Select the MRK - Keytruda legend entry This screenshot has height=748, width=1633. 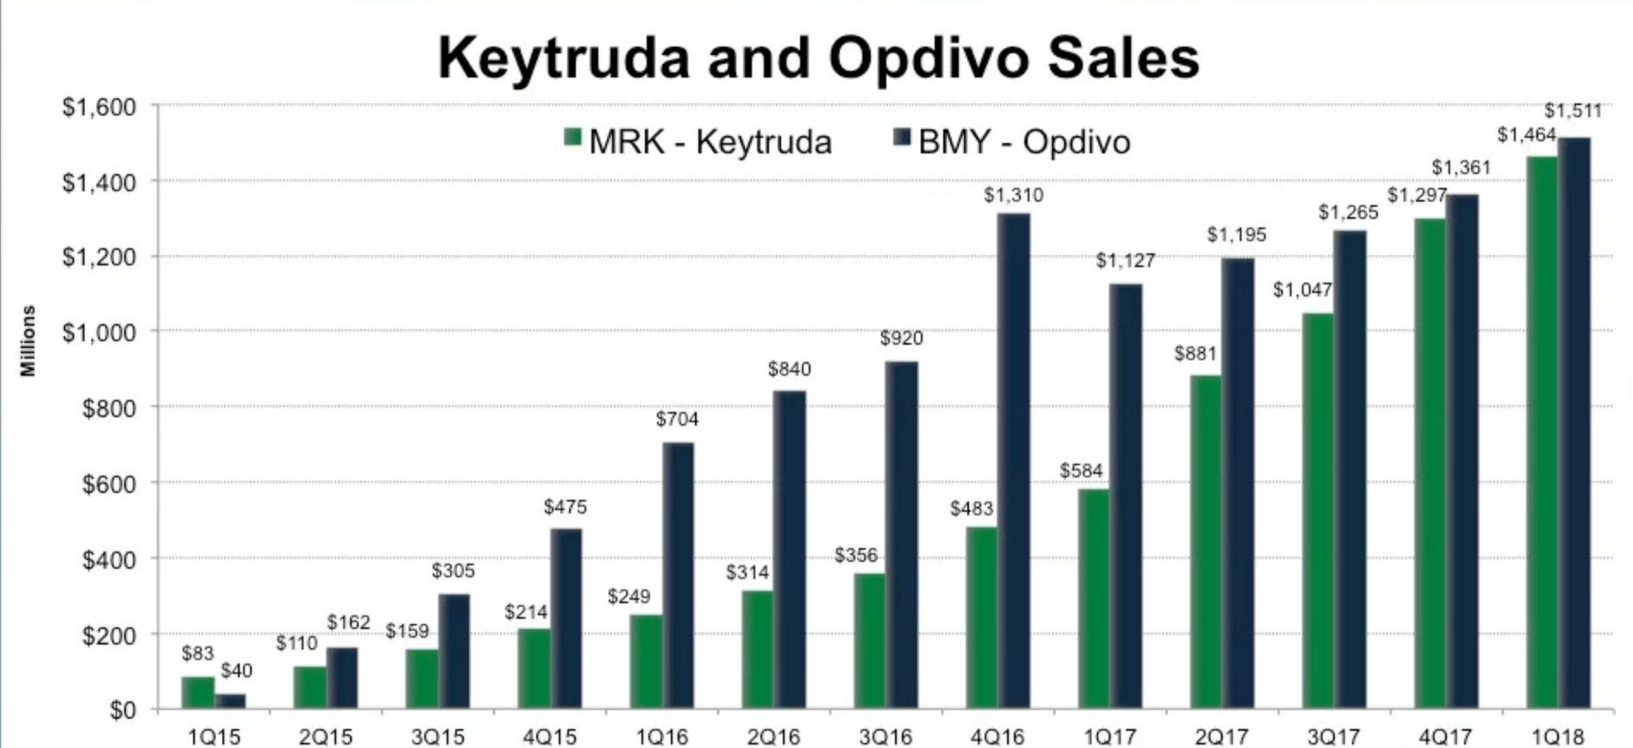698,142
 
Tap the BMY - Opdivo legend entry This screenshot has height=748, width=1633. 1012,142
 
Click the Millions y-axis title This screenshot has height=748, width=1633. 28,340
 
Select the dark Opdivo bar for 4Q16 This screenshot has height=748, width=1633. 1014,461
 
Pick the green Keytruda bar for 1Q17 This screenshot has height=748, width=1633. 1093,599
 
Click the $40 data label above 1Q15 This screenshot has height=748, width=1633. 235,670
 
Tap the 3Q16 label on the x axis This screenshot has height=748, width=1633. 885,737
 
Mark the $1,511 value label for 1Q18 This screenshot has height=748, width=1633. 1572,111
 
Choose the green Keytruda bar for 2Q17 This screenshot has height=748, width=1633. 1205,543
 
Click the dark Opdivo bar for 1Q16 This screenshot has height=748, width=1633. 678,576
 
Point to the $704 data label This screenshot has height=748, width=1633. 677,420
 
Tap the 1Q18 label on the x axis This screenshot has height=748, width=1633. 1558,737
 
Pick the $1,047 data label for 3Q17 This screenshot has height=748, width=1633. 1302,290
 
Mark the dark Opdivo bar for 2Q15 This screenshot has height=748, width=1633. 341,678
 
